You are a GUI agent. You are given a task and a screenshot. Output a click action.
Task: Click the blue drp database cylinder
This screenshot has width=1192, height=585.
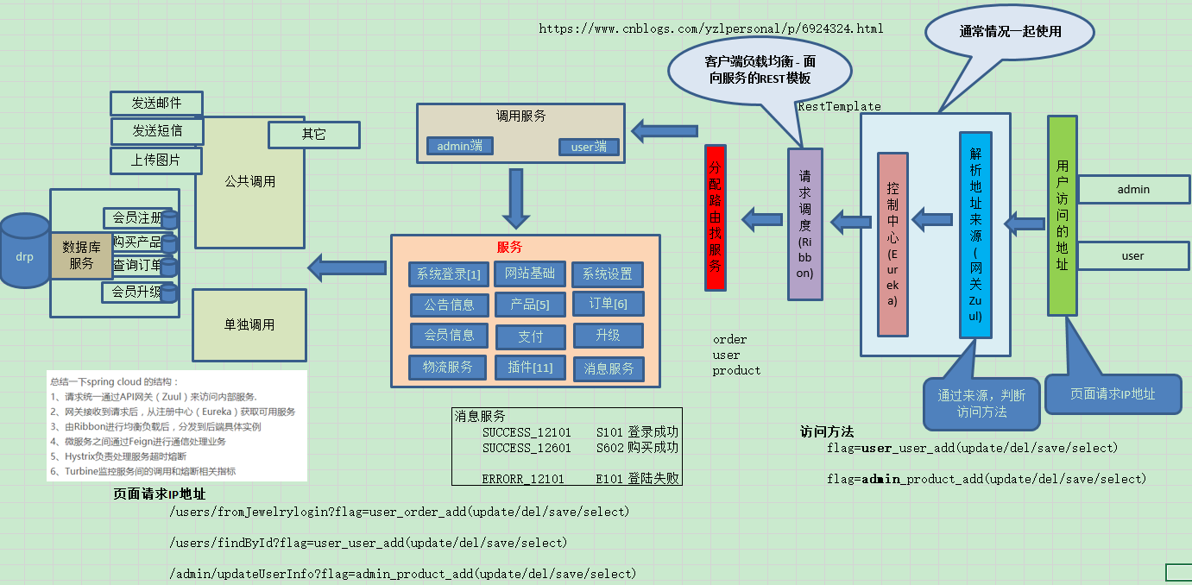pyautogui.click(x=24, y=252)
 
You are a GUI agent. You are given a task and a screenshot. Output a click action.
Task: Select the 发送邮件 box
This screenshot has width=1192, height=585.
pyautogui.click(x=156, y=103)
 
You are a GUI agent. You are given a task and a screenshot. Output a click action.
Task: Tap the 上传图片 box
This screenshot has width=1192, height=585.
pyautogui.click(x=155, y=160)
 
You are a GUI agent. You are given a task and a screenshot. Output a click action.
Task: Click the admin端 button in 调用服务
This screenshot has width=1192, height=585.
pyautogui.click(x=459, y=146)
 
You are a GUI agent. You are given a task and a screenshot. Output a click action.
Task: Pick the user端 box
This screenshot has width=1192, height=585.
pyautogui.click(x=589, y=147)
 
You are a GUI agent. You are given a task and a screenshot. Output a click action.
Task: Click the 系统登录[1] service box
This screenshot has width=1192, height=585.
pyautogui.click(x=448, y=274)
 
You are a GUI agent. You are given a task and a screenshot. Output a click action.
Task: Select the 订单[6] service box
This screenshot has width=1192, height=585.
pyautogui.click(x=608, y=304)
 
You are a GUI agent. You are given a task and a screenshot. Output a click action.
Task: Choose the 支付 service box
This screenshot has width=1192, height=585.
pyautogui.click(x=530, y=337)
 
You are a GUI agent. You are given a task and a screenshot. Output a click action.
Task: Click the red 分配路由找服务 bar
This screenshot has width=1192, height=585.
pyautogui.click(x=715, y=217)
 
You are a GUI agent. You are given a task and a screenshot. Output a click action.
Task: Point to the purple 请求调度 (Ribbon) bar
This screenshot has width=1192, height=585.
pyautogui.click(x=804, y=224)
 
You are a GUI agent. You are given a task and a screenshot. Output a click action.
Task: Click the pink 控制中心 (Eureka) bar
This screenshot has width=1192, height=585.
pyautogui.click(x=892, y=243)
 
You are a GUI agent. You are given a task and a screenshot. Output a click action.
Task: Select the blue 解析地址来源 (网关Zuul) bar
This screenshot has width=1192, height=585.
pyautogui.click(x=975, y=235)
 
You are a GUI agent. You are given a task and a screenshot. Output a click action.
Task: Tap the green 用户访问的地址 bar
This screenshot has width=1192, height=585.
pyautogui.click(x=1062, y=215)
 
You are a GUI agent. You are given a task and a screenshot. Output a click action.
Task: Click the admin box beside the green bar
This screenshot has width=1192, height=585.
pyautogui.click(x=1133, y=190)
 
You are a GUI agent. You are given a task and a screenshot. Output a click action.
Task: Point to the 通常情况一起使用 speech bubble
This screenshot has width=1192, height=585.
pyautogui.click(x=1010, y=33)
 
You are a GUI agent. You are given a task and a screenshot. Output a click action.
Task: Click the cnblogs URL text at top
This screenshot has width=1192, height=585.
pyautogui.click(x=710, y=28)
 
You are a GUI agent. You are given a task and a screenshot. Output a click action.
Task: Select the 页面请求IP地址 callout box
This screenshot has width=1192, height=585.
pyautogui.click(x=1113, y=393)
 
